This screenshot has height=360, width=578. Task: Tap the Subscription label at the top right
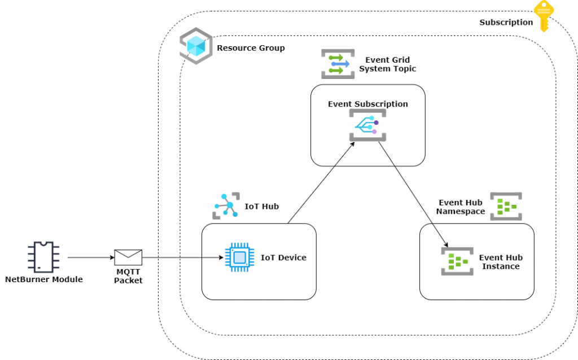pyautogui.click(x=506, y=23)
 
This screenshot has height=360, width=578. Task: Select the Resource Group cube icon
pyautogui.click(x=196, y=46)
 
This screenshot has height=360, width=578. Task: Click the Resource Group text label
pyautogui.click(x=251, y=48)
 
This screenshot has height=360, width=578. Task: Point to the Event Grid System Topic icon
pyautogui.click(x=338, y=64)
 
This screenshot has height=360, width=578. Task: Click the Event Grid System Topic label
pyautogui.click(x=387, y=64)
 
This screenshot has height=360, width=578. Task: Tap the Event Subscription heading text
pyautogui.click(x=367, y=104)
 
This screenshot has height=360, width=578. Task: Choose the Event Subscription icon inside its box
pyautogui.click(x=367, y=125)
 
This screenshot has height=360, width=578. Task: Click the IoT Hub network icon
pyautogui.click(x=226, y=206)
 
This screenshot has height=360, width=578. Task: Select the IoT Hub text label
pyautogui.click(x=261, y=207)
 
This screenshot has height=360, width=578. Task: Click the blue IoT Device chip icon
pyautogui.click(x=239, y=258)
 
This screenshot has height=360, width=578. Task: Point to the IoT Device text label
pyautogui.click(x=283, y=258)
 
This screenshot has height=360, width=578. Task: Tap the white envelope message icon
pyautogui.click(x=128, y=257)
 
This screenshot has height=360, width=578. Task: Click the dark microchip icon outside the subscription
pyautogui.click(x=43, y=257)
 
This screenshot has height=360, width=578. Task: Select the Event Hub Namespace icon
pyautogui.click(x=505, y=207)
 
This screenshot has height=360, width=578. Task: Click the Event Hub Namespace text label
pyautogui.click(x=460, y=207)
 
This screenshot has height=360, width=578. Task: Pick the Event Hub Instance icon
pyautogui.click(x=457, y=261)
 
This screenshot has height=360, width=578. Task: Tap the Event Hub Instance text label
pyautogui.click(x=501, y=262)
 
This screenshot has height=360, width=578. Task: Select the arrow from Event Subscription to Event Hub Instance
pyautogui.click(x=413, y=195)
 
